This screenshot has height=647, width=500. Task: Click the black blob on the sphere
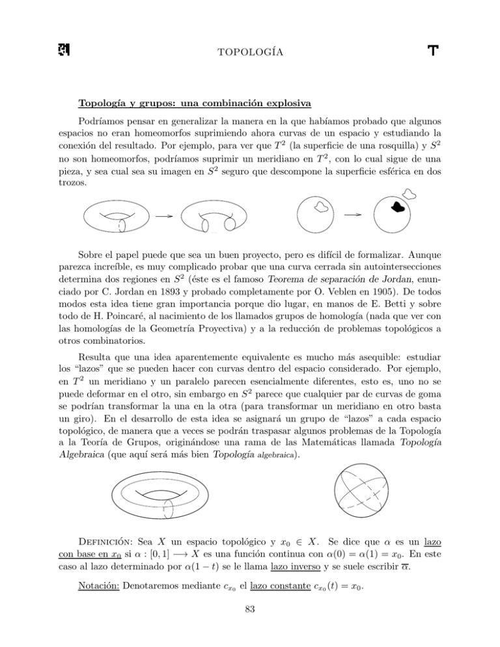397,208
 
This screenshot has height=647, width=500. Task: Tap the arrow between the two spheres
352,214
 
